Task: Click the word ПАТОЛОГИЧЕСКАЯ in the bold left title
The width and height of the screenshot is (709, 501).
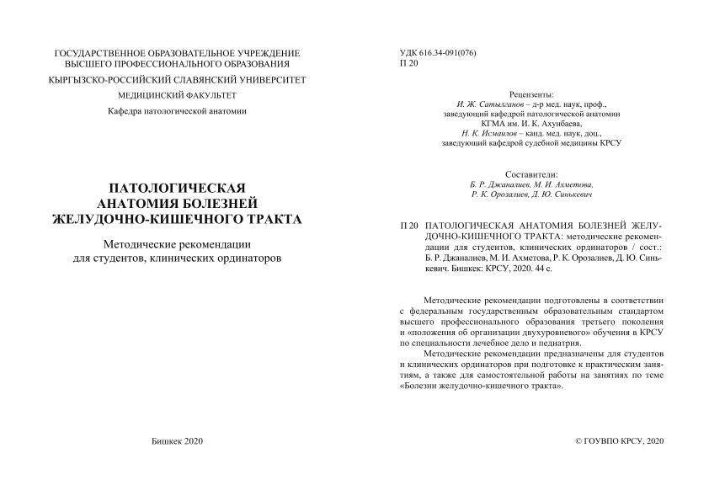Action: (178, 187)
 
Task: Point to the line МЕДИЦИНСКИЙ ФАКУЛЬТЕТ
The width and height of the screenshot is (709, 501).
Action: (178, 96)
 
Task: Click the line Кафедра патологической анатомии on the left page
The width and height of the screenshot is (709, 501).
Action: (178, 113)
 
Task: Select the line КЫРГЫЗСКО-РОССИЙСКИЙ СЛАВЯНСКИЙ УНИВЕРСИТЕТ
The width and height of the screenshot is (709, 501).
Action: (178, 79)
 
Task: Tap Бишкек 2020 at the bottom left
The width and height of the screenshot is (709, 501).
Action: (178, 441)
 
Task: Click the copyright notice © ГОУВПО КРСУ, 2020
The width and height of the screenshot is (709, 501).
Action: (619, 441)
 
